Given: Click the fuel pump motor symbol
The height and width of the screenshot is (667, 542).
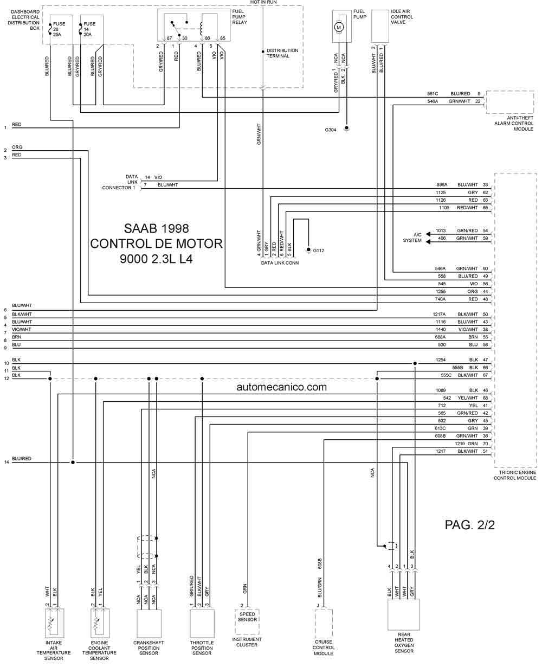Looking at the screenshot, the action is click(x=338, y=27).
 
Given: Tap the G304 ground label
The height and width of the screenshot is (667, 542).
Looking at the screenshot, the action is click(x=331, y=130).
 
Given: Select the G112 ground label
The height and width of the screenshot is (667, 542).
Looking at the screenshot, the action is click(x=319, y=251).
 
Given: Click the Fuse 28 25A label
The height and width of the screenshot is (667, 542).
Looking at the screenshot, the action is click(x=59, y=29).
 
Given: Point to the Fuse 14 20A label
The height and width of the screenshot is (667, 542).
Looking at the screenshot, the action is click(x=89, y=29).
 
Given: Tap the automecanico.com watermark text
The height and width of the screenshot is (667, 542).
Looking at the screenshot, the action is click(x=282, y=387).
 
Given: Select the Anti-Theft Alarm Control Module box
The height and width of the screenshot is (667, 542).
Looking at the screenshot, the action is click(x=510, y=102).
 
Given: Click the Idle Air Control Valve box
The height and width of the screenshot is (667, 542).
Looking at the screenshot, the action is click(x=380, y=26).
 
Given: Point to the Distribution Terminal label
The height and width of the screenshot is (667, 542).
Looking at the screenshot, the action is click(x=282, y=53).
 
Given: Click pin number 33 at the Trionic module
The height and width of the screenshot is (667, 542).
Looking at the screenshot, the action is click(x=485, y=185).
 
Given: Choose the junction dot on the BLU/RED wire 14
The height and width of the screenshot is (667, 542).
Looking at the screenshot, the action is click(x=73, y=462).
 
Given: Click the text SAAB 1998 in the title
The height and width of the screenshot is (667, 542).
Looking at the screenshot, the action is click(x=157, y=229).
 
